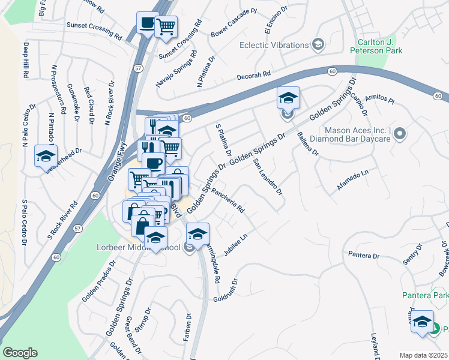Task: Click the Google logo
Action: (20, 353)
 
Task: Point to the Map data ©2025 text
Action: (424, 355)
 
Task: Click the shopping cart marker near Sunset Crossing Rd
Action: (166, 26)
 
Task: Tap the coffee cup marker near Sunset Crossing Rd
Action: (146, 23)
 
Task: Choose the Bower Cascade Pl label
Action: (234, 20)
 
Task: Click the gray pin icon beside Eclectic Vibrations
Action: (317, 44)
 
